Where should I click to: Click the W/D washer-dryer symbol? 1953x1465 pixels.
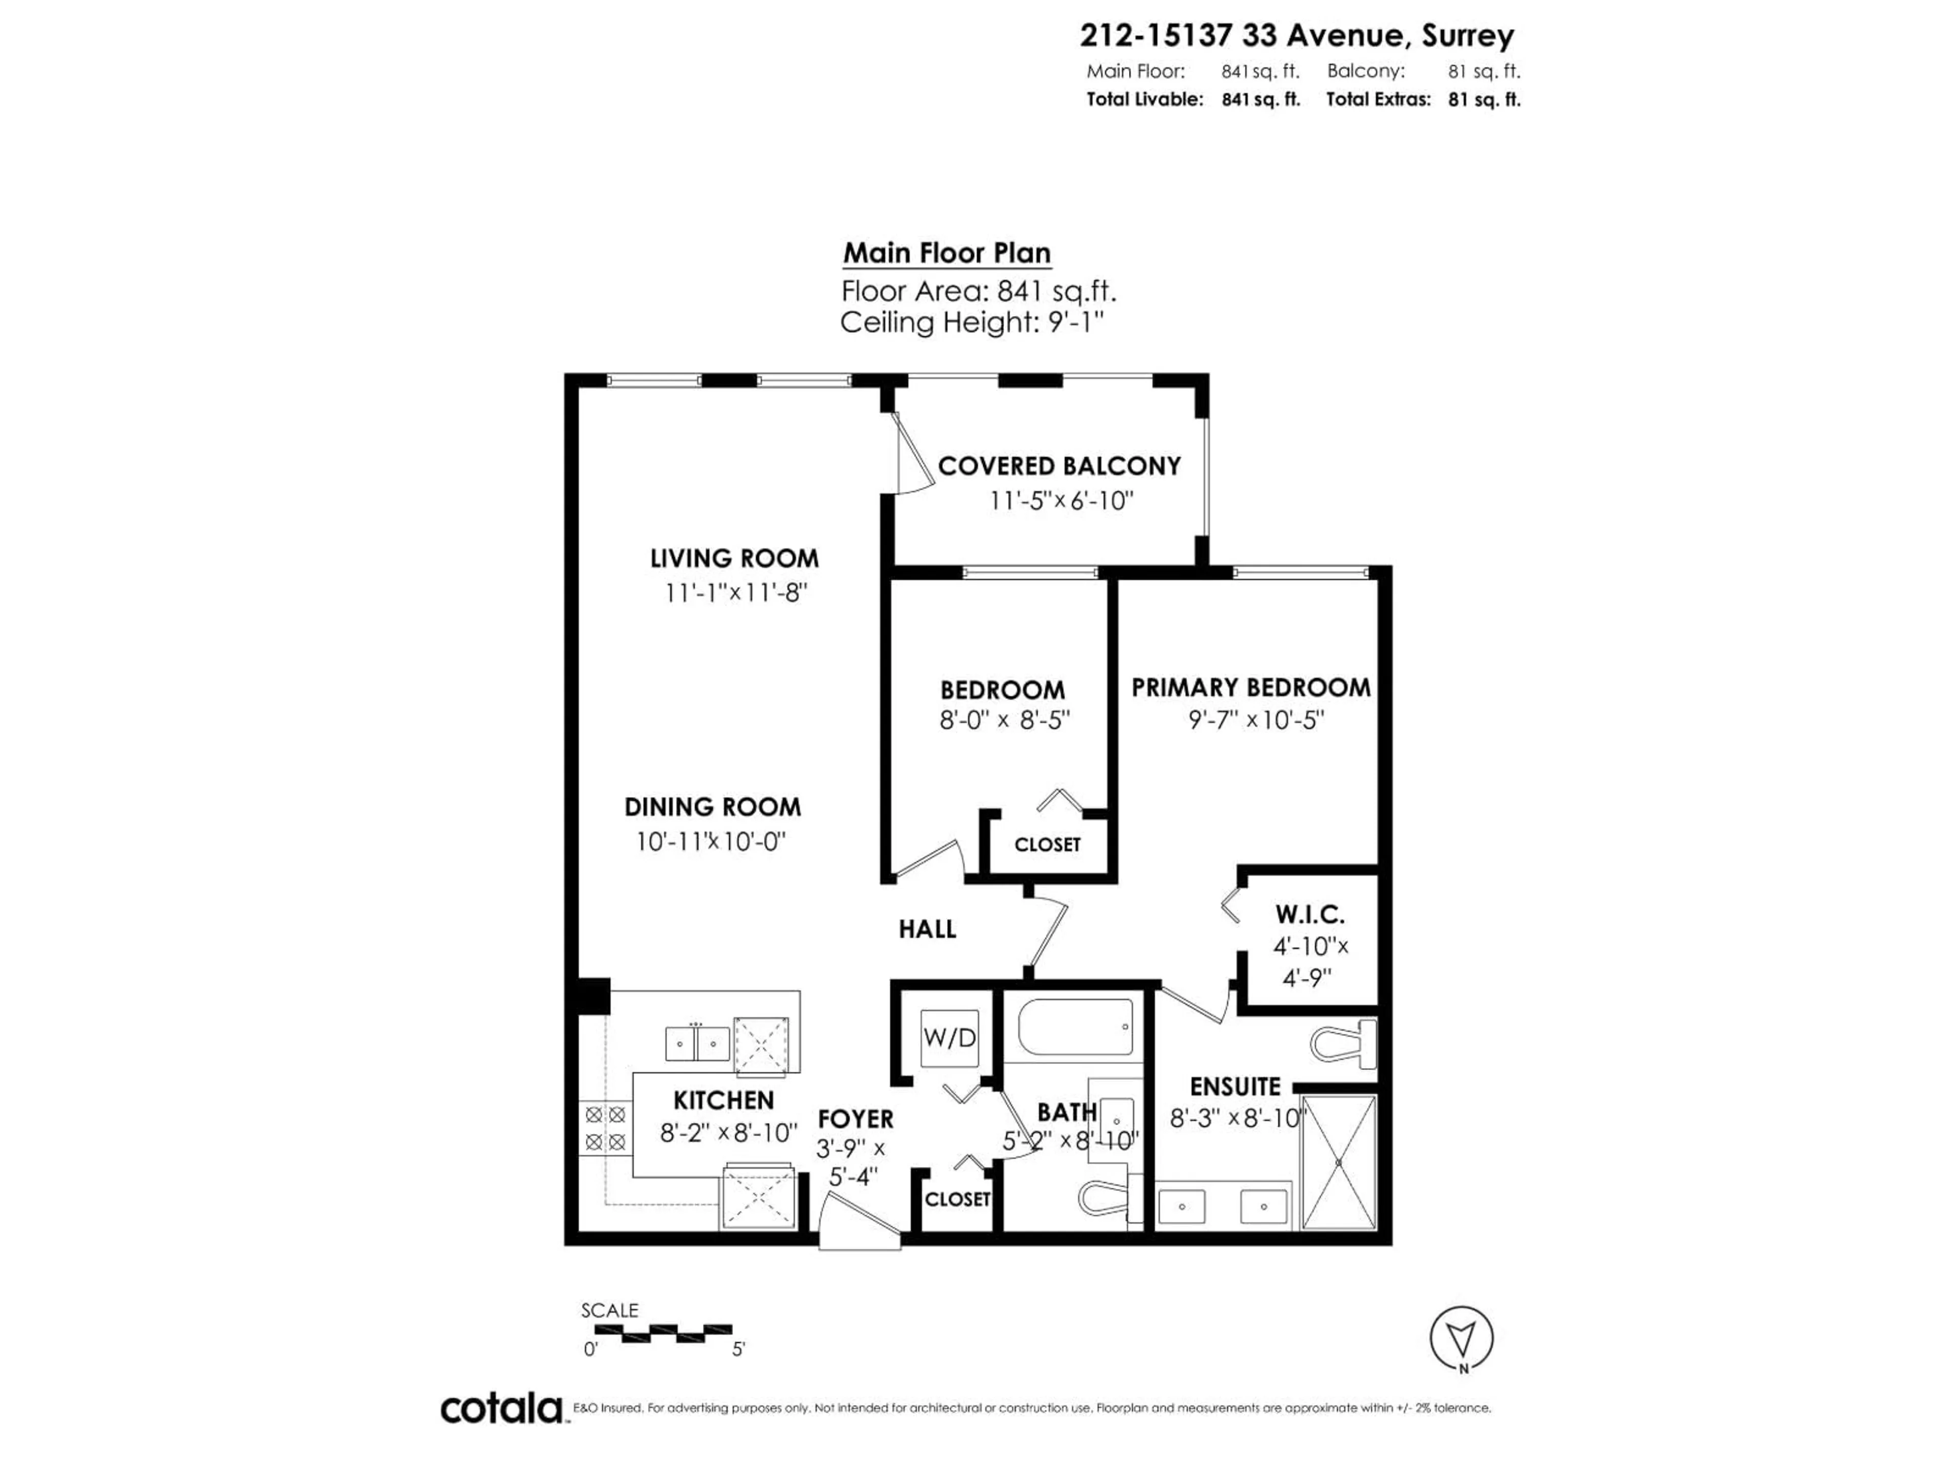(x=949, y=1038)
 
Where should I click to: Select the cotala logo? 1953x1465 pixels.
(x=501, y=1409)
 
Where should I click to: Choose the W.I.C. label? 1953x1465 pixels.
(x=1309, y=914)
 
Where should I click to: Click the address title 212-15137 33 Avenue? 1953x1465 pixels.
(x=1296, y=35)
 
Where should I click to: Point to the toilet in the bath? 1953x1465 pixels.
(x=1104, y=1198)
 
